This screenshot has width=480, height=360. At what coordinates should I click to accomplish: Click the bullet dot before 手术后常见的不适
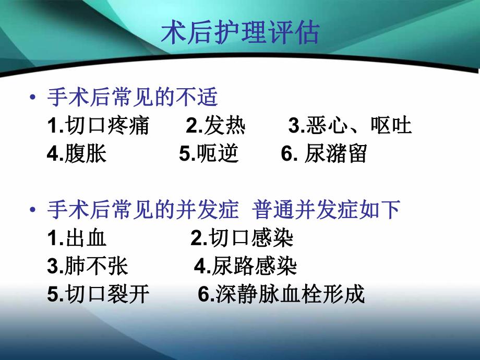pos(33,98)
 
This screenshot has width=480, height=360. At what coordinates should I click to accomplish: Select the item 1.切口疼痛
pos(98,126)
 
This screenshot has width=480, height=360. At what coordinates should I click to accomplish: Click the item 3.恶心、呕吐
pos(350,126)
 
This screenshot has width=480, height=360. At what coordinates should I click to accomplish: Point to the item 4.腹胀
pos(77,154)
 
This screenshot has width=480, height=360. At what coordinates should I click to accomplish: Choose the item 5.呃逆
pos(209,154)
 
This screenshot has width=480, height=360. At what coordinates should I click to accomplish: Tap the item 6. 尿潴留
pos(324,154)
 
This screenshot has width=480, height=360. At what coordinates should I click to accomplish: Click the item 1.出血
pos(77,238)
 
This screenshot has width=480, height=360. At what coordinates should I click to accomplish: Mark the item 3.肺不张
pos(87,267)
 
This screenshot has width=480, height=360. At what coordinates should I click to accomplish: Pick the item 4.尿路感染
pos(246,267)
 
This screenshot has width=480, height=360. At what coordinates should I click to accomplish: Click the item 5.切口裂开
pos(98,295)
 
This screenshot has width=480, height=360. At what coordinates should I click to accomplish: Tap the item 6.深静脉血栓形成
pos(281,295)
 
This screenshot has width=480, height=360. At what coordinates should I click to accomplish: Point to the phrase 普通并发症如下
pos(326,210)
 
